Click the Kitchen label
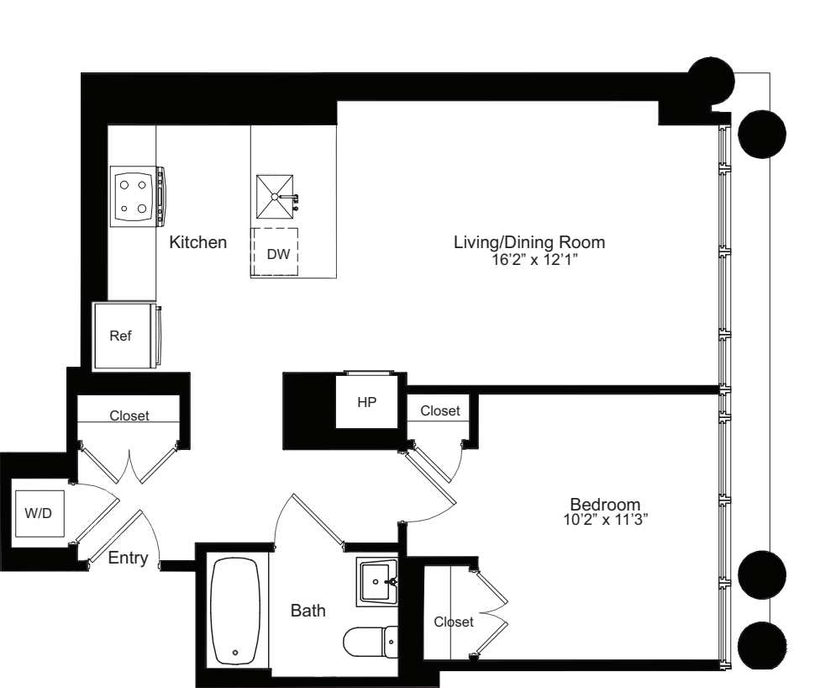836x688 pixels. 198,243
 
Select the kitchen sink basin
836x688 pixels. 276,197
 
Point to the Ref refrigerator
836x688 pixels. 123,335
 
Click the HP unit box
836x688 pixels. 366,402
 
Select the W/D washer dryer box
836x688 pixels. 38,513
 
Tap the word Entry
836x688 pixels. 128,558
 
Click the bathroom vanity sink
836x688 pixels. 377,581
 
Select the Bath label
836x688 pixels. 308,611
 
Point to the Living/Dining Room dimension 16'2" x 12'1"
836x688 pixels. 529,260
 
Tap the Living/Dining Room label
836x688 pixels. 529,242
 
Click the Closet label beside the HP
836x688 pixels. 440,410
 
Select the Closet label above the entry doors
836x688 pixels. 129,415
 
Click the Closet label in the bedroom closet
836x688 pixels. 454,622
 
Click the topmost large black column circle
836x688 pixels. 711,82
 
